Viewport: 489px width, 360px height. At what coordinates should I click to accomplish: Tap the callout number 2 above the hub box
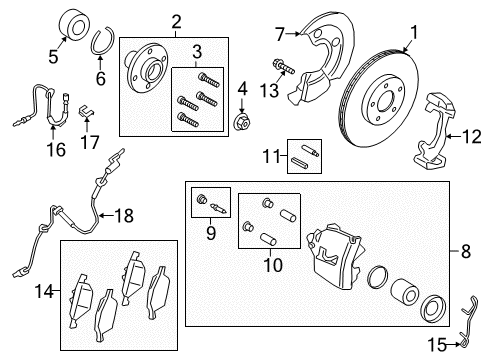pyautogui.click(x=177, y=22)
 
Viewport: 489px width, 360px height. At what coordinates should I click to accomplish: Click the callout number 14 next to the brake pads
pyautogui.click(x=42, y=292)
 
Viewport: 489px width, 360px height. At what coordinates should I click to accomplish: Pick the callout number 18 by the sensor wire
pyautogui.click(x=152, y=215)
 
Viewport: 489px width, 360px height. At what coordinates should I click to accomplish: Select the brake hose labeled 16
pyautogui.click(x=40, y=108)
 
